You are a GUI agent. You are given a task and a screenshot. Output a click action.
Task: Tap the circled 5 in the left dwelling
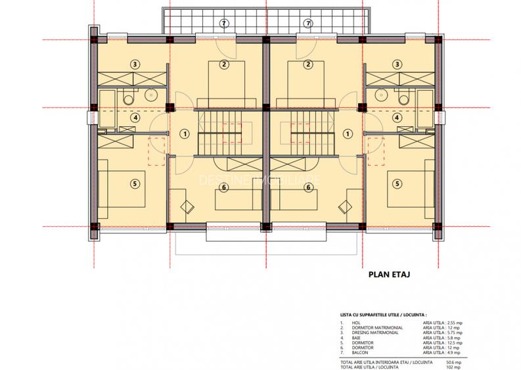pos(134,183)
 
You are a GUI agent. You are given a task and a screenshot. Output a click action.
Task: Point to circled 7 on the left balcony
pos(224,24)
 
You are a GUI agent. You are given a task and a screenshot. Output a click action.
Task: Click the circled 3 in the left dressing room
pos(134,64)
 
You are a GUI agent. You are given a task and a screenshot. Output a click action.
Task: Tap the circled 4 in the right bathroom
pos(397,118)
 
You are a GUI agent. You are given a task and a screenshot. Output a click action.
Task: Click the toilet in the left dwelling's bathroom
pos(127,99)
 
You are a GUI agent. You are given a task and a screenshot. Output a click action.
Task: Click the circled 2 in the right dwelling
pos(307,64)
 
